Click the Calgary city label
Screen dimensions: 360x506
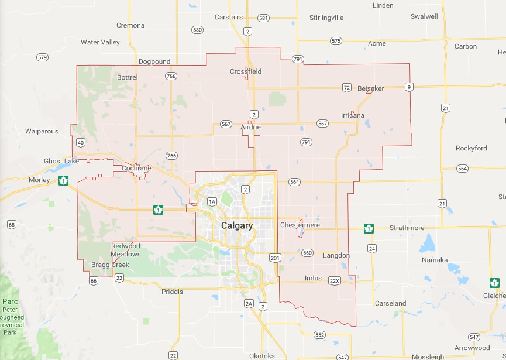tap(237, 225)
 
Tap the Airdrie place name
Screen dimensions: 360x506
tap(250, 126)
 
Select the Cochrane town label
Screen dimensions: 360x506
tap(136, 168)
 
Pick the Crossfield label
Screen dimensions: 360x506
tap(246, 71)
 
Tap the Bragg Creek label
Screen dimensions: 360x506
tap(110, 265)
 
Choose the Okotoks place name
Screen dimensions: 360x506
tap(261, 355)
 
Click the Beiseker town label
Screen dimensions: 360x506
tap(371, 88)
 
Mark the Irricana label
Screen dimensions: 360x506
tap(353, 115)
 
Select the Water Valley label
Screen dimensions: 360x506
tap(100, 42)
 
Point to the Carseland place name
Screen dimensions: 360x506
tap(390, 303)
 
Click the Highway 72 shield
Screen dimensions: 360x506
tap(347, 88)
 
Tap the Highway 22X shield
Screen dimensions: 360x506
tap(335, 280)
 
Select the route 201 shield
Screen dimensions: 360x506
tap(275, 258)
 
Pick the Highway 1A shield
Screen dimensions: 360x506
tap(212, 202)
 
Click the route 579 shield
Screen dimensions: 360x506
tap(42, 57)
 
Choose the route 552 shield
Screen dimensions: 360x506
tap(319, 334)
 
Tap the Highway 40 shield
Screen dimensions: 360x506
tap(80, 142)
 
